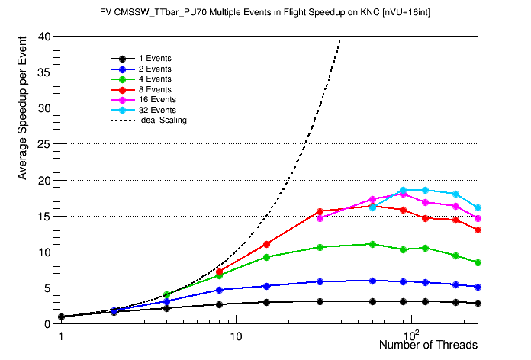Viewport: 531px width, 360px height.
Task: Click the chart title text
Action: click(x=265, y=13)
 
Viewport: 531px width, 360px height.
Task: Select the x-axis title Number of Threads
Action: click(x=428, y=346)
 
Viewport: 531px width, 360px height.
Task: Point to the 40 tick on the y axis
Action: click(x=44, y=37)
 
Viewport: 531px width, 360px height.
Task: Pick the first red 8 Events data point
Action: click(x=220, y=272)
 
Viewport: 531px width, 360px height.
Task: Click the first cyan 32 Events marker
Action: click(x=373, y=207)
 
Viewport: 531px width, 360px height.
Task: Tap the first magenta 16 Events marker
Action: click(x=320, y=218)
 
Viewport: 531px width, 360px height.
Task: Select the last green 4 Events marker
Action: click(x=478, y=262)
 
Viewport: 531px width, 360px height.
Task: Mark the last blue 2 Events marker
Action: click(x=478, y=287)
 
